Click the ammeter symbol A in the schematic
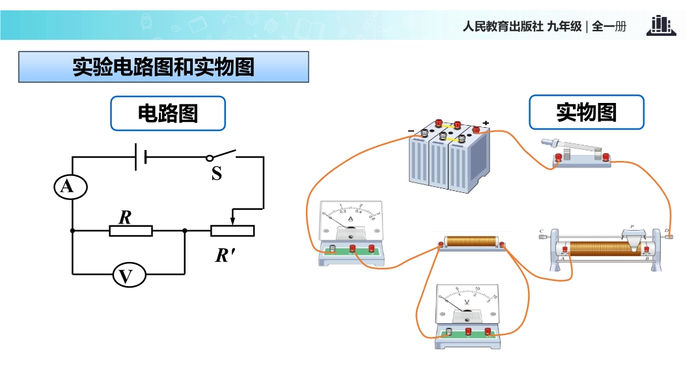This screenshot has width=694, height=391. click(66, 188)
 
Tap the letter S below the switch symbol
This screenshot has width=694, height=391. click(217, 174)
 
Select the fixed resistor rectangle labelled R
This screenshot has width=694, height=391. click(130, 231)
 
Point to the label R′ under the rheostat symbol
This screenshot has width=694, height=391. click(225, 255)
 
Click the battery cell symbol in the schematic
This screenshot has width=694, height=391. click(139, 157)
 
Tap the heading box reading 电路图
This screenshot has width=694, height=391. click(168, 114)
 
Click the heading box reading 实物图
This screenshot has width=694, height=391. click(586, 113)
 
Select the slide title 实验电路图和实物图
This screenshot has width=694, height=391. click(163, 67)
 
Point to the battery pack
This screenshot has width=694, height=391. click(449, 156)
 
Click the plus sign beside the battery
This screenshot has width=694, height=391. click(486, 123)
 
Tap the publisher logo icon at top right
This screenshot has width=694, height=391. click(661, 26)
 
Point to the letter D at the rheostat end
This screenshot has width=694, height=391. click(667, 230)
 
